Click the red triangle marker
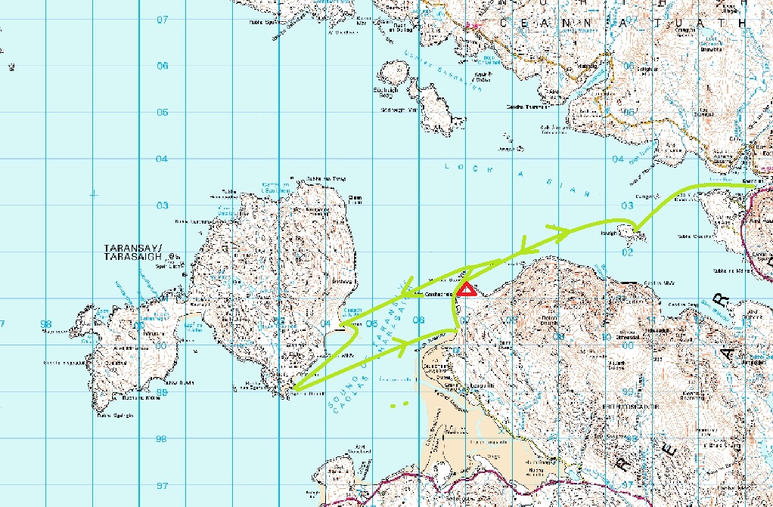coord(467,289)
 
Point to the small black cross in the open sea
coord(93,194)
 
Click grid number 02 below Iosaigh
coord(626,252)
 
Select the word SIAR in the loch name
coord(563,186)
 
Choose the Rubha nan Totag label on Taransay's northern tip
coord(326,179)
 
